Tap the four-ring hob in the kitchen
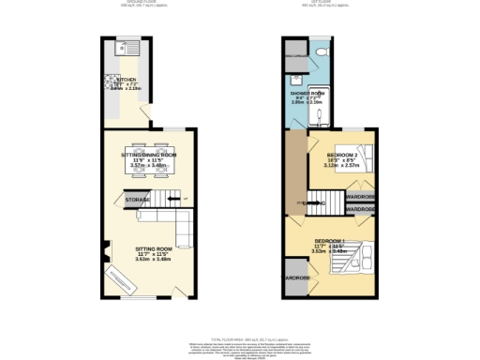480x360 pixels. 111,81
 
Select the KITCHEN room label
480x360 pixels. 127,81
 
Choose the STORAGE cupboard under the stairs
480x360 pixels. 138,199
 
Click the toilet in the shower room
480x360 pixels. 322,51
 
